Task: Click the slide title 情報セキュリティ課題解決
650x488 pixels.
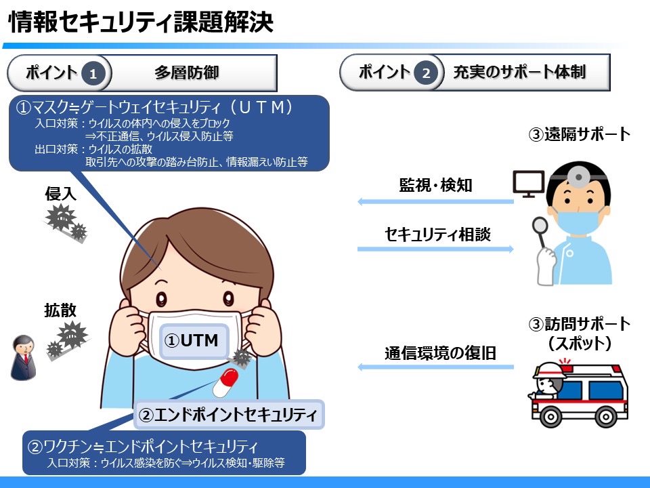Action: pyautogui.click(x=141, y=22)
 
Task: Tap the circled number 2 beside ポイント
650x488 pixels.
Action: pyautogui.click(x=425, y=73)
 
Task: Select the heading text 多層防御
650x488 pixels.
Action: pyautogui.click(x=186, y=73)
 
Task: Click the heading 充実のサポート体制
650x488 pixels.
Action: pyautogui.click(x=519, y=73)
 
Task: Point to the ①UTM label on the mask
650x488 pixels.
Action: pyautogui.click(x=192, y=340)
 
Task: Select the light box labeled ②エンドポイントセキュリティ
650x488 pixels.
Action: pyautogui.click(x=230, y=413)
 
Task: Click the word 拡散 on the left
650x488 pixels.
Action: pyautogui.click(x=60, y=310)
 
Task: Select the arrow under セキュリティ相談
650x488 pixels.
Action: pyautogui.click(x=435, y=249)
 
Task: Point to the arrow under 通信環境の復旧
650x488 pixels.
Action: pyautogui.click(x=435, y=367)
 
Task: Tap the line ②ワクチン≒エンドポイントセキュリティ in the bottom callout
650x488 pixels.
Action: pyautogui.click(x=142, y=447)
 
